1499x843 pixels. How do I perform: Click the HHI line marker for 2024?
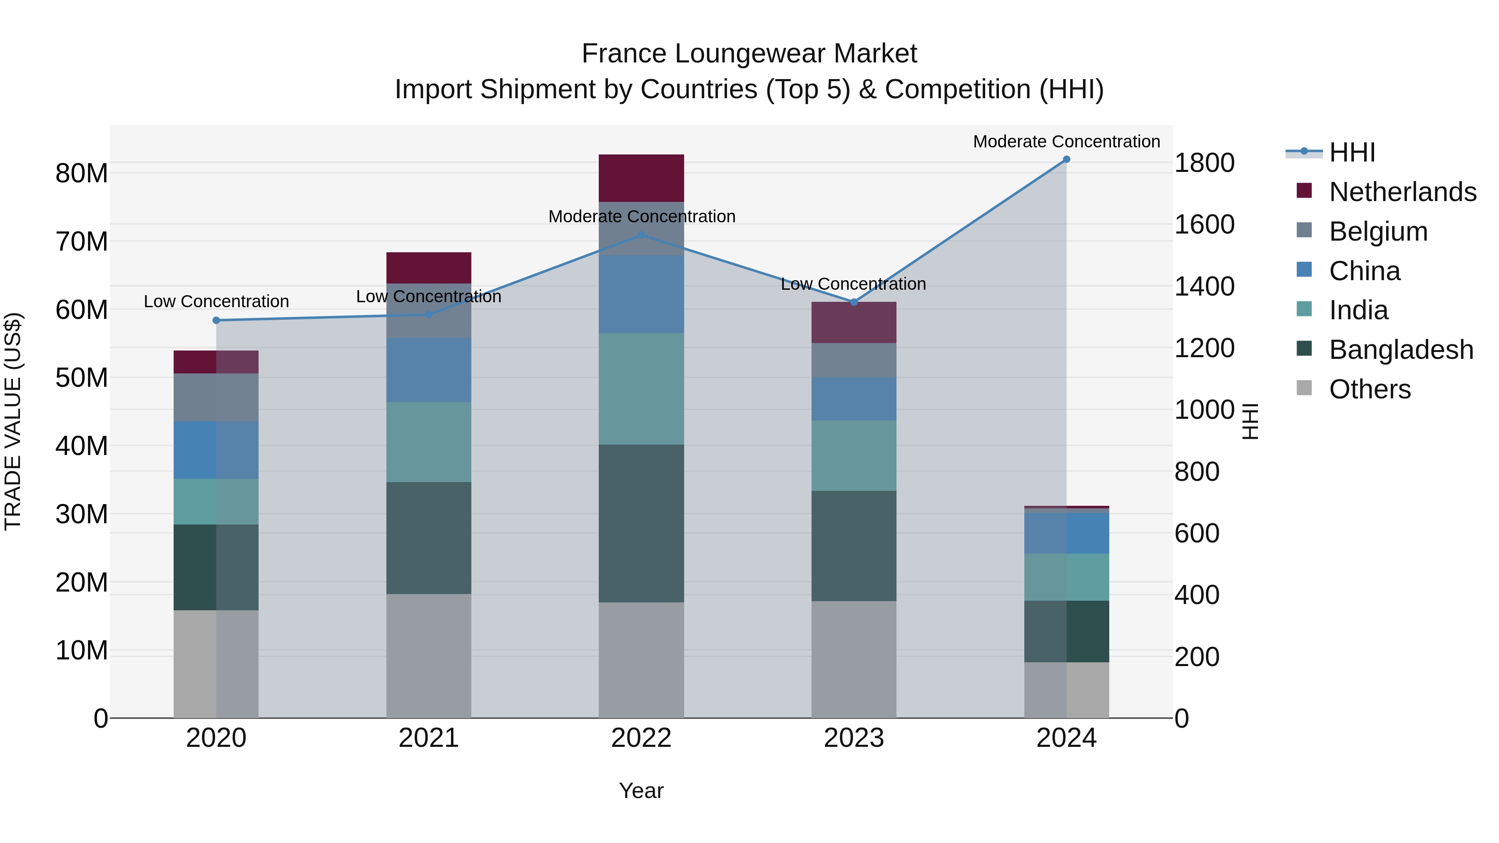coord(1066,159)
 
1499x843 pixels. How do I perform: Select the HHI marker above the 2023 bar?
coord(854,302)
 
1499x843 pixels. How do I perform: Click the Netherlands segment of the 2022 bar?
coord(641,178)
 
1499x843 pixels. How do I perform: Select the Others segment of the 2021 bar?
coord(428,656)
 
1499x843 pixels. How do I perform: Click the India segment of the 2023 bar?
coord(854,455)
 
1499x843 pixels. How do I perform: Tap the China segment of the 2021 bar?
coord(428,370)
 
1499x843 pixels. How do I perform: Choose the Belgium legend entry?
coord(1378,231)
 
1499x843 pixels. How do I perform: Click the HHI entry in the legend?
coord(1352,152)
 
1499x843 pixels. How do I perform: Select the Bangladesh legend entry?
coord(1401,350)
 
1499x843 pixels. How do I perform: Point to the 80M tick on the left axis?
coord(82,173)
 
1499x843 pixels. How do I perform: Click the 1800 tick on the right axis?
coord(1204,163)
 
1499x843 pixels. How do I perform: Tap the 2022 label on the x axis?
coord(641,738)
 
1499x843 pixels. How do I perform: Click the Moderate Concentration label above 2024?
coord(1066,142)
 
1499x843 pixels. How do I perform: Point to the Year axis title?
coord(641,791)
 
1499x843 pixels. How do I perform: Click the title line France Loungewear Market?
coord(749,54)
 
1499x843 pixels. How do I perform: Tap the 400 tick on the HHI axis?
coord(1196,595)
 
